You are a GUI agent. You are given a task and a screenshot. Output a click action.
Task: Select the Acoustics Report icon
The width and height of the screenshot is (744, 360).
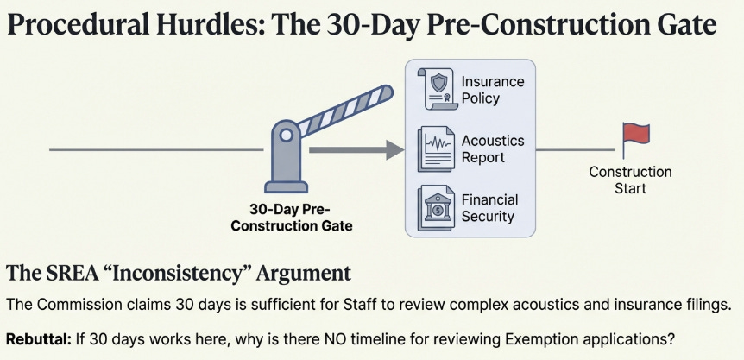point(437,148)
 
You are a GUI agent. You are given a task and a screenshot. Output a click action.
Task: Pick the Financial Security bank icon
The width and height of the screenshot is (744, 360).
point(437,207)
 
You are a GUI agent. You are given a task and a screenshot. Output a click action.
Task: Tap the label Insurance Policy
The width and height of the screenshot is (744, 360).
point(493,90)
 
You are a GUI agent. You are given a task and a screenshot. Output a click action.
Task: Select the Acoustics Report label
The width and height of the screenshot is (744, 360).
point(493,149)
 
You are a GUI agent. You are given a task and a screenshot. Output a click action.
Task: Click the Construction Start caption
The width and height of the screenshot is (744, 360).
point(630,180)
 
